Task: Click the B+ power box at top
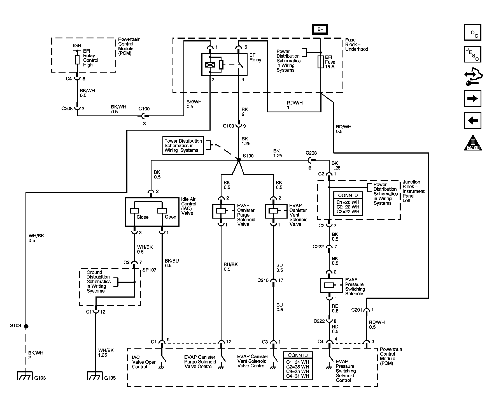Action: tap(320, 29)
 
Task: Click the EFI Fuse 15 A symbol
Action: tap(321, 62)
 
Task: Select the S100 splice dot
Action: tap(239, 160)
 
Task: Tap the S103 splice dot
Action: tap(26, 326)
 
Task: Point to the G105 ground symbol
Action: tap(95, 375)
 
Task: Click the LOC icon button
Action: tap(472, 32)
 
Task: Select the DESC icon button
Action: tap(472, 54)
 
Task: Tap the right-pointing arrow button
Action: tap(472, 98)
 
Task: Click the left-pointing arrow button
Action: tap(472, 120)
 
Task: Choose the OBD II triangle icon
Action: tap(473, 143)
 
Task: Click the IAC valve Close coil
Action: tap(134, 211)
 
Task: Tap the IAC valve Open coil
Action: tap(162, 211)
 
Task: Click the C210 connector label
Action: tap(263, 280)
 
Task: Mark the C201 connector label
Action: tap(357, 310)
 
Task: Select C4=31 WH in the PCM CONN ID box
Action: tap(297, 376)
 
